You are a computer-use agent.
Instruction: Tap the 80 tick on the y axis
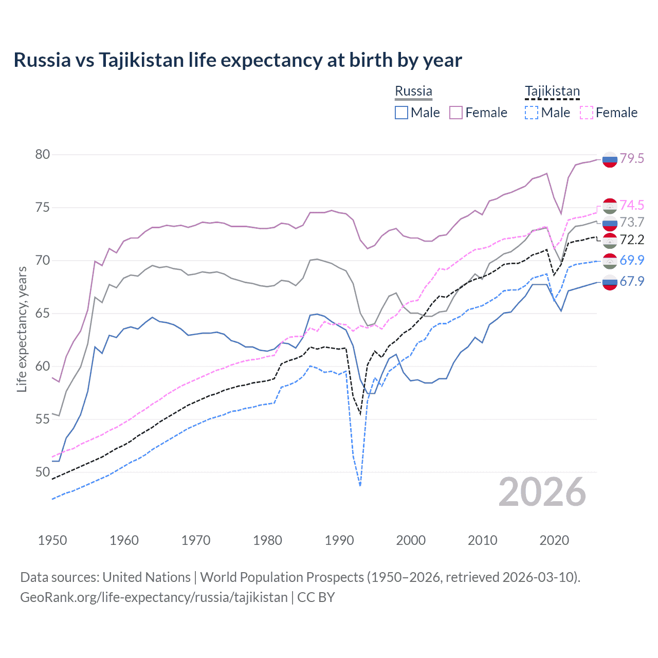43,155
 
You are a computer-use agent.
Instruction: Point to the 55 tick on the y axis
43,419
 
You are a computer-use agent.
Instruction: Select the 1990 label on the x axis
339,540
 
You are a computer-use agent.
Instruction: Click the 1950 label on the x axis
52,540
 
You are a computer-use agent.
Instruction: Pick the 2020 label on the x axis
554,540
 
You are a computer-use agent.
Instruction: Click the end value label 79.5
632,159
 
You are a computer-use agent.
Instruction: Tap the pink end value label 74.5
632,206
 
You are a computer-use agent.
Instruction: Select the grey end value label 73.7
632,222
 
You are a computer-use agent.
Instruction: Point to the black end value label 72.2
632,240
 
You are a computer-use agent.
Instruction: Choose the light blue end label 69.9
632,260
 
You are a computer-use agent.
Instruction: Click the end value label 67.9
632,281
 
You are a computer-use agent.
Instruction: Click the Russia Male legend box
401,113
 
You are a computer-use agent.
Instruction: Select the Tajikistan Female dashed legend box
587,113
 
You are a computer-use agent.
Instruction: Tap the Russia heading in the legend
413,92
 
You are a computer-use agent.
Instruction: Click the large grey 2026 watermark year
542,492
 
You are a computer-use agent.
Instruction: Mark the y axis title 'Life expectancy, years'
22,329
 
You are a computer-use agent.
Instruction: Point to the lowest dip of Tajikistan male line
360,485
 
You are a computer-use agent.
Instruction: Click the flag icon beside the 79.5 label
610,160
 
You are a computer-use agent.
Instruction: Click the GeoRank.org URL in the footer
154,597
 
